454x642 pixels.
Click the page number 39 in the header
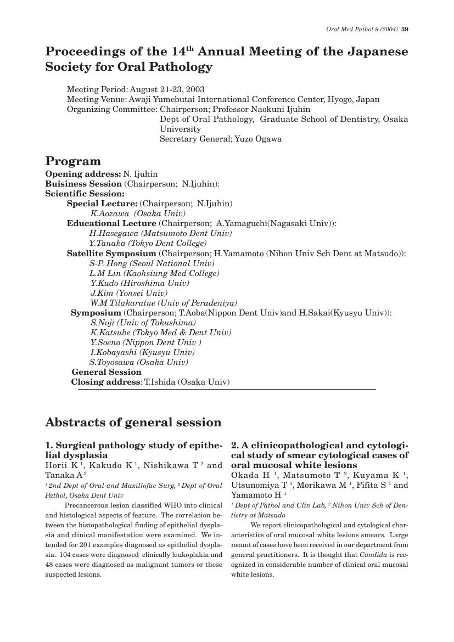pyautogui.click(x=405, y=30)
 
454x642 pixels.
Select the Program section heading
pyautogui.click(x=73, y=161)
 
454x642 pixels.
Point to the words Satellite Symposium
pyautogui.click(x=111, y=254)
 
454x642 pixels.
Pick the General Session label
pyautogui.click(x=107, y=372)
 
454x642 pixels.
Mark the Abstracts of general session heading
pyautogui.click(x=133, y=423)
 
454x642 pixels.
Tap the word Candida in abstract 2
pyautogui.click(x=373, y=555)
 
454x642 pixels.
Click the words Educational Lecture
pyautogui.click(x=111, y=223)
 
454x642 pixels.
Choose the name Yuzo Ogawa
pyautogui.click(x=258, y=139)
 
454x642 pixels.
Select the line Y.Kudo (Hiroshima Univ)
pyautogui.click(x=139, y=283)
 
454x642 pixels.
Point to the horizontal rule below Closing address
pyautogui.click(x=227, y=390)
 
